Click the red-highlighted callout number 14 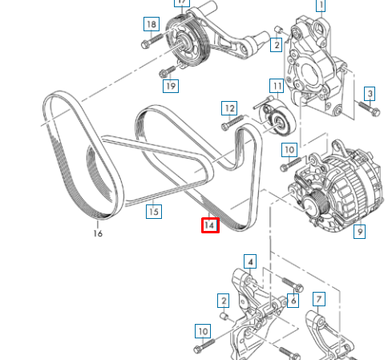click(209, 225)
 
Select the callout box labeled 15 click(153, 212)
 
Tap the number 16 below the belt click(98, 233)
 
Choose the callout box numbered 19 click(169, 85)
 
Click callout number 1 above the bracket click(321, 6)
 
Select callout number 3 click(370, 93)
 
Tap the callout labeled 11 click(276, 86)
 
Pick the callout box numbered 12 click(229, 107)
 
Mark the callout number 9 click(359, 232)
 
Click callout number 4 click(249, 261)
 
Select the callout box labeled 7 click(319, 300)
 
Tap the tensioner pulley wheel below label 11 click(280, 123)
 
